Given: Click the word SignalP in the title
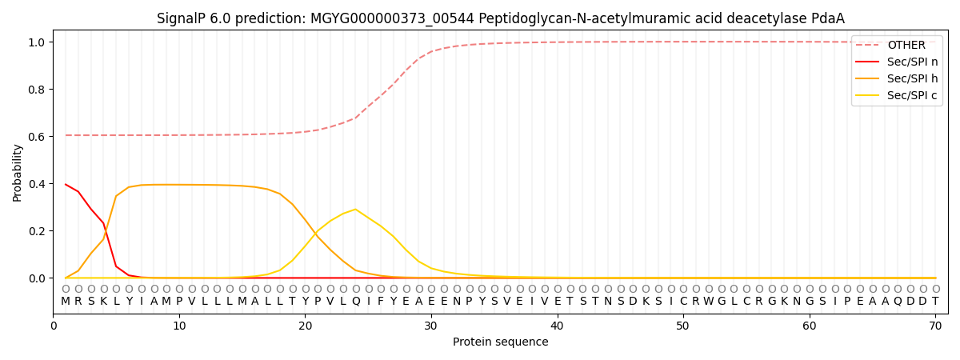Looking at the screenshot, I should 182,18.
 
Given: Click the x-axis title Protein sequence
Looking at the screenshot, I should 501,342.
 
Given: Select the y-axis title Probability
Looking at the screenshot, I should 18,173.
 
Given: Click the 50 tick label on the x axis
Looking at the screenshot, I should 683,326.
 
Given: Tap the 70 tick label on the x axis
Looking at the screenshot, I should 935,326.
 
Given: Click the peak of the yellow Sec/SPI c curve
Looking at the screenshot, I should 355,210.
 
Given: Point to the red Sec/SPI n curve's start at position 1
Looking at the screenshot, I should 66,185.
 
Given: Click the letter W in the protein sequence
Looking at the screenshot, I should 709,302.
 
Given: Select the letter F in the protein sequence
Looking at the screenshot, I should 381,302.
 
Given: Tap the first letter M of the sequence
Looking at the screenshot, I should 66,302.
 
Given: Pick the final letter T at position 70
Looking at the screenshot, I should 935,302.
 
